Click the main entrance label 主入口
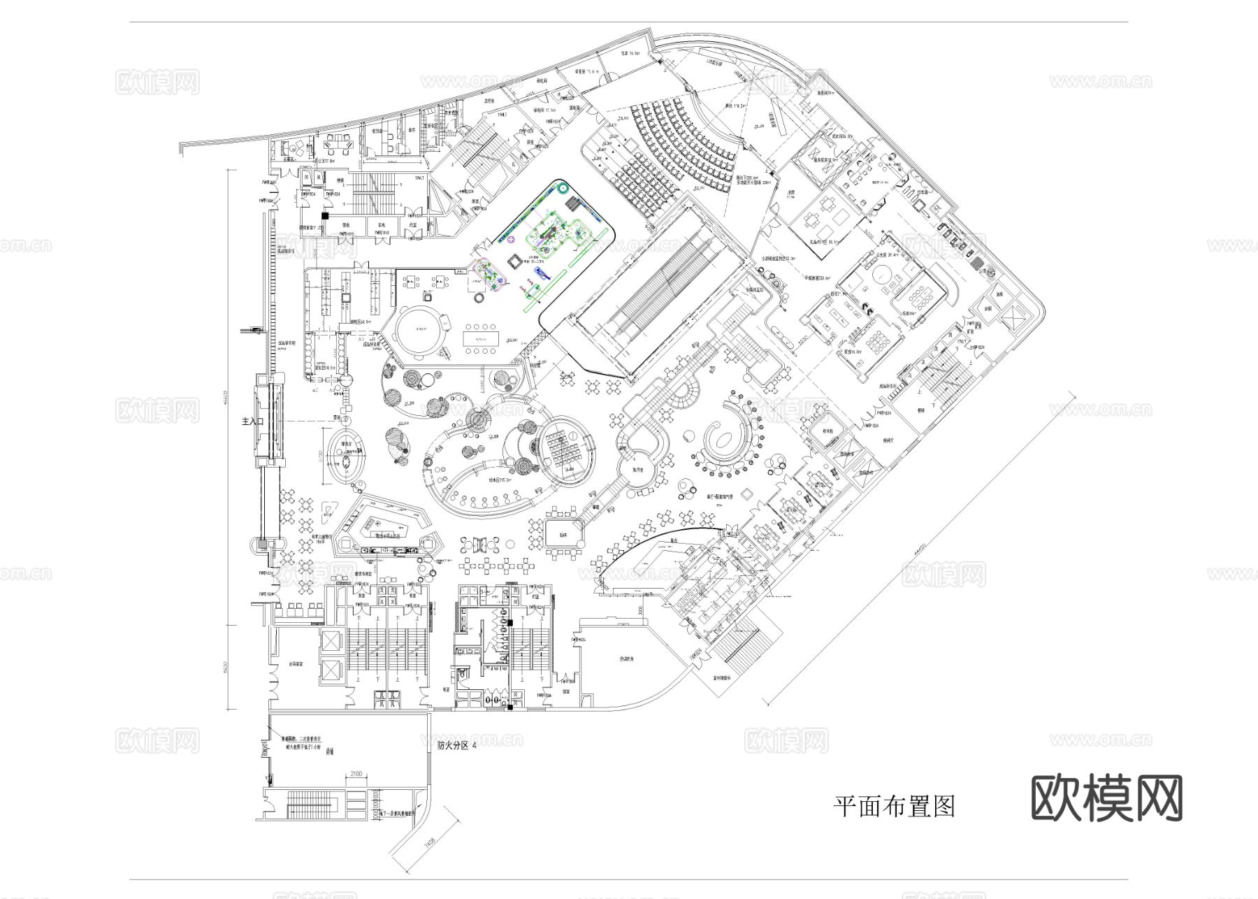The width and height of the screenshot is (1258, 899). (251, 422)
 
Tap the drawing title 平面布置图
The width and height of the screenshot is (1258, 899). (894, 806)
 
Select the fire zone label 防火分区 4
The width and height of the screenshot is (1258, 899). (457, 745)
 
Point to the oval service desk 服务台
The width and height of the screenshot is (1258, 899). (346, 455)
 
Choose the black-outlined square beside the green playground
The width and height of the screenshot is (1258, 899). (514, 261)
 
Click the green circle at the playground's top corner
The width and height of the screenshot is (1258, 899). (563, 187)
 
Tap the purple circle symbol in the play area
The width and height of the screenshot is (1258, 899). (511, 239)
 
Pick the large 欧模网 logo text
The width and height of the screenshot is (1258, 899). (1106, 798)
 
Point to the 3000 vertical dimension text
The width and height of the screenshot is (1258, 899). (641, 610)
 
